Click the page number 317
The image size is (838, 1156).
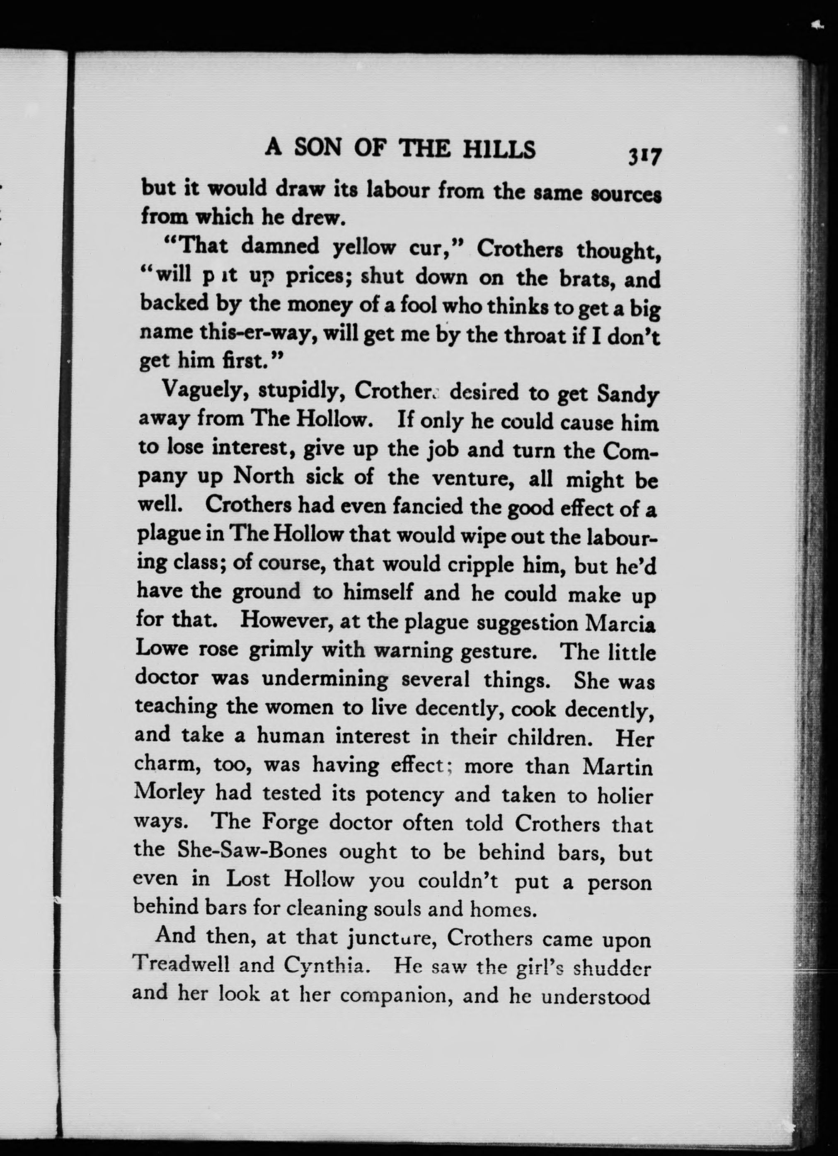pos(645,156)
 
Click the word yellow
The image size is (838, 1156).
pos(364,248)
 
